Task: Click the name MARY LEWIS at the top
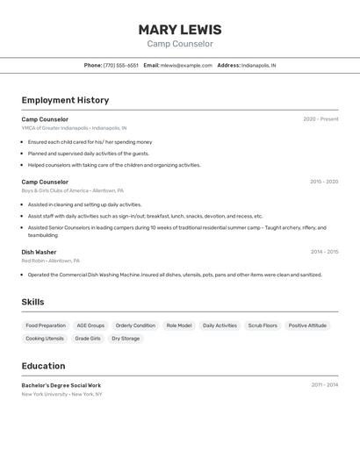(180, 29)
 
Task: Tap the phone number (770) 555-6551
(121, 65)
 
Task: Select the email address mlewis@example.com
(187, 65)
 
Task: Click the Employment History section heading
(65, 100)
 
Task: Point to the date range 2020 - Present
(320, 119)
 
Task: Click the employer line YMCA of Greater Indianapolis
(75, 128)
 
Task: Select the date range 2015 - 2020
(324, 182)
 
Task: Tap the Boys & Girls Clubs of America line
(73, 190)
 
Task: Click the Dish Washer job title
(39, 252)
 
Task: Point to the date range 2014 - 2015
(324, 252)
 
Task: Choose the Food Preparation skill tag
(46, 325)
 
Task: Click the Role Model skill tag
(179, 325)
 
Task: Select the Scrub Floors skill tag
(263, 325)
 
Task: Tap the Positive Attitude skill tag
(307, 325)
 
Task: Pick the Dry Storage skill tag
(126, 339)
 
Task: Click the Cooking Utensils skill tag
(45, 339)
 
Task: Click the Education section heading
(43, 366)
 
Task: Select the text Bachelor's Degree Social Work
(61, 385)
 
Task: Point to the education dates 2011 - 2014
(324, 385)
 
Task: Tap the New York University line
(62, 395)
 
